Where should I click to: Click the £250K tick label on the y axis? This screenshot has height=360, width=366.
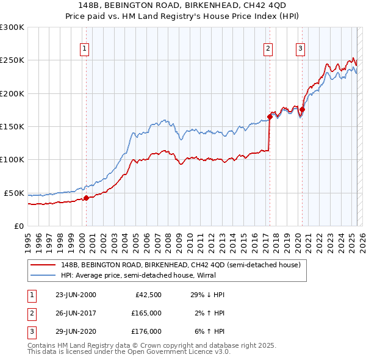point(12,60)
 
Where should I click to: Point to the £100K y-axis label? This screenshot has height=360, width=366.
point(12,160)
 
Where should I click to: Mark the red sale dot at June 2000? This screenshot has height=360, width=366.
point(86,198)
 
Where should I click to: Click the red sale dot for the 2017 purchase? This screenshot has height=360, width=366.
point(269,117)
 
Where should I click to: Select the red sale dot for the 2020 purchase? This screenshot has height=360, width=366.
point(302,109)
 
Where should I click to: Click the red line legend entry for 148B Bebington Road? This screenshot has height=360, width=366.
point(180,265)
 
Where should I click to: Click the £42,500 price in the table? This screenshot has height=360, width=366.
point(146,295)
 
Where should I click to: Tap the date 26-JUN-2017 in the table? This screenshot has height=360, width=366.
point(76,313)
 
